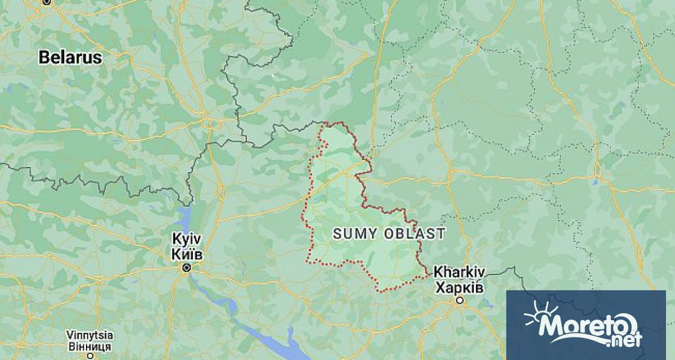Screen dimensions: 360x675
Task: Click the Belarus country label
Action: click(x=70, y=57)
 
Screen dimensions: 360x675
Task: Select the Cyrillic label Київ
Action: click(x=187, y=254)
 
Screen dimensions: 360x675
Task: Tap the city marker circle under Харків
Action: click(x=460, y=301)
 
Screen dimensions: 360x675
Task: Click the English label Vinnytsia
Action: click(x=89, y=334)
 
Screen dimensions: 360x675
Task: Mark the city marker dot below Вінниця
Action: click(x=89, y=355)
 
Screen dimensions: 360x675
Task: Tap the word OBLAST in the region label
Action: click(x=415, y=234)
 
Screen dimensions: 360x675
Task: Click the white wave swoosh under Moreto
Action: click(x=574, y=340)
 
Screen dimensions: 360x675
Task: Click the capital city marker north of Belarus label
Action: click(x=47, y=2)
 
